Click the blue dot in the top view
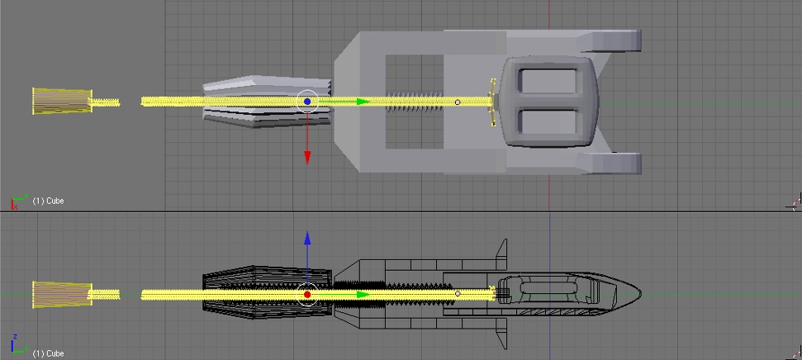[307, 102]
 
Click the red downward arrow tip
[307, 163]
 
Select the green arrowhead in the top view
[363, 102]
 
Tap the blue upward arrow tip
[307, 232]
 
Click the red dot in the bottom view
[307, 295]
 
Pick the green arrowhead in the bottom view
[363, 295]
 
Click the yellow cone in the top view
[62, 101]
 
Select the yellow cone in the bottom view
[62, 295]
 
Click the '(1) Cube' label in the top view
[48, 201]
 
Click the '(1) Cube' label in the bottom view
[48, 353]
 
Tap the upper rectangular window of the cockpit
[548, 81]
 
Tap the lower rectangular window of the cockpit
[548, 122]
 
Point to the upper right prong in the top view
[610, 41]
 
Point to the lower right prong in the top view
[610, 163]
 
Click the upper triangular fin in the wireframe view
[501, 254]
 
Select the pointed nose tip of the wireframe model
[642, 293]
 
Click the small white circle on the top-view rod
[458, 102]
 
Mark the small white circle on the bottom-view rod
[458, 294]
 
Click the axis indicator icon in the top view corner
[18, 201]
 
